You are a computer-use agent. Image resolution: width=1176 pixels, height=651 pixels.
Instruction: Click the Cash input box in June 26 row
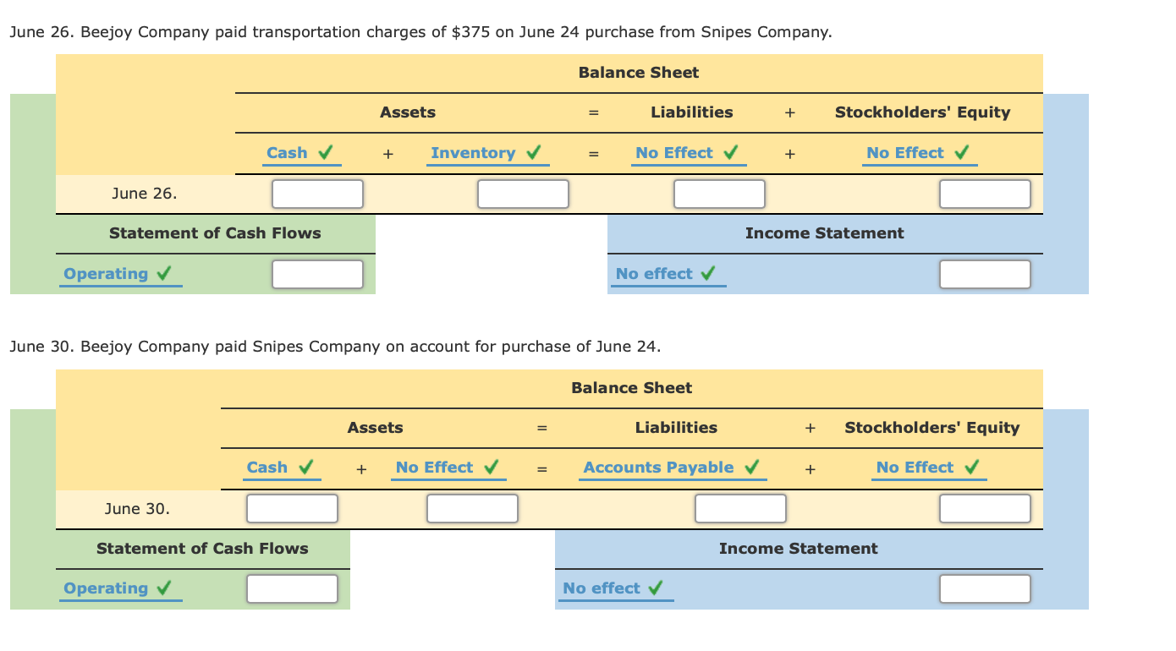coord(317,194)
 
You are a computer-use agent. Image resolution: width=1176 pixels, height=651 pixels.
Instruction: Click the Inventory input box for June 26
coord(523,194)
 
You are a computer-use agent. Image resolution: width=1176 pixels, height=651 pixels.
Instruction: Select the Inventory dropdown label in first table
coord(473,153)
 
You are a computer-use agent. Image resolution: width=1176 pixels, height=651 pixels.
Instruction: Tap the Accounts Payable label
coord(658,468)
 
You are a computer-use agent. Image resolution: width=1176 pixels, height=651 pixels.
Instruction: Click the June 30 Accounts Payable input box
coord(740,508)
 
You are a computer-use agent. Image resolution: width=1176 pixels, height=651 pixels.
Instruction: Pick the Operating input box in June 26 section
coord(317,274)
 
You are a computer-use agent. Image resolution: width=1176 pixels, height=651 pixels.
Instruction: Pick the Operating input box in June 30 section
coord(292,588)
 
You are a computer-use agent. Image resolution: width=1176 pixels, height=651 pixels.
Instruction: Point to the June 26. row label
coord(145,194)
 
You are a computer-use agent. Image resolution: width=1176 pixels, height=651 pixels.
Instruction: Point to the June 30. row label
coord(137,508)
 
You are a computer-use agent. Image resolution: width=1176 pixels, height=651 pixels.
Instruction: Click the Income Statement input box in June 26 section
coord(985,274)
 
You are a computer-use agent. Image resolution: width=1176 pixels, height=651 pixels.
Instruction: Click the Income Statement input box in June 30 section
coord(985,588)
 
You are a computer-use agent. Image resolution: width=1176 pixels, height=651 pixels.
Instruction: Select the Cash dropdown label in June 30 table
coord(267,468)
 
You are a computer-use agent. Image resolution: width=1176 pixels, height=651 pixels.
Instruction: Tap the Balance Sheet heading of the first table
coord(639,73)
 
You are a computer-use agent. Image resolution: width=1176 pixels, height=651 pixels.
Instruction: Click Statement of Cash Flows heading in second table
coord(202,549)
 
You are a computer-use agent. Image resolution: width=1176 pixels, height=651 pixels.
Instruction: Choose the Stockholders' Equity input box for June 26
coord(985,194)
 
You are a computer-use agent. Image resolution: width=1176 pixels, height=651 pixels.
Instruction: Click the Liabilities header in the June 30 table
coord(676,428)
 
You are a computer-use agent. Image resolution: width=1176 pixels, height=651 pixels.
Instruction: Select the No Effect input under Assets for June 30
coord(472,508)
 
